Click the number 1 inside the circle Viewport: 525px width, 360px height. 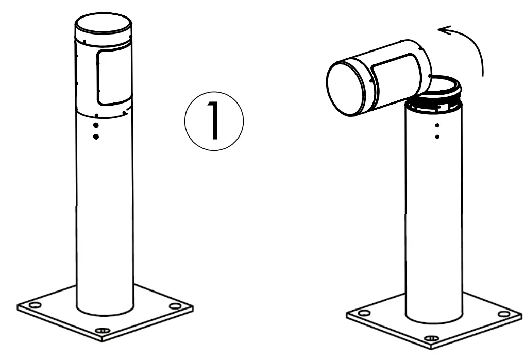coord(213,123)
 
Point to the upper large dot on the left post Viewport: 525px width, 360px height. coord(95,126)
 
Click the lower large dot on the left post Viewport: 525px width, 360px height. coord(95,136)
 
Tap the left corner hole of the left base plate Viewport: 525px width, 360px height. coord(35,305)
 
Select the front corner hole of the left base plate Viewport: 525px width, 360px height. coord(103,330)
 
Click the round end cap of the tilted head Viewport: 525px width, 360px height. coord(346,88)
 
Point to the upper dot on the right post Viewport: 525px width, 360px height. coord(437,125)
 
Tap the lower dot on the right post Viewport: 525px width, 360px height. coord(437,137)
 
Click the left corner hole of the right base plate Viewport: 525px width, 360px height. coord(364,313)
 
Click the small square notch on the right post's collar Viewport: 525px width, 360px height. coord(439,109)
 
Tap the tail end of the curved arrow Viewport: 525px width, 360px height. coord(483,75)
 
